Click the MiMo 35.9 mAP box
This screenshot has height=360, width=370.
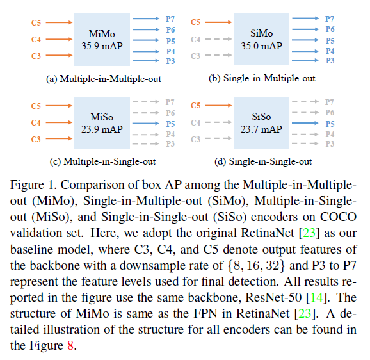pyautogui.click(x=102, y=40)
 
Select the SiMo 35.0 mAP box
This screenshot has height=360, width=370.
pyautogui.click(x=261, y=39)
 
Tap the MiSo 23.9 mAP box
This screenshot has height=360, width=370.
pyautogui.click(x=102, y=122)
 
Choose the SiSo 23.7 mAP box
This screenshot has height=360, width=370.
pyautogui.click(x=261, y=122)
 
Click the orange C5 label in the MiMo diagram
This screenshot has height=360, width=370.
pyautogui.click(x=36, y=22)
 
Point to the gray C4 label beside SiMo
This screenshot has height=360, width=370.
pyautogui.click(x=196, y=39)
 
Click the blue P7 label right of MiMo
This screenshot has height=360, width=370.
pyautogui.click(x=170, y=19)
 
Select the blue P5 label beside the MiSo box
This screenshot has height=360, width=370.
pyautogui.click(x=170, y=124)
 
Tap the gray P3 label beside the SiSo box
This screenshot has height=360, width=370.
pyautogui.click(x=330, y=143)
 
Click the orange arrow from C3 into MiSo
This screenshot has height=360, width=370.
pyautogui.click(x=59, y=138)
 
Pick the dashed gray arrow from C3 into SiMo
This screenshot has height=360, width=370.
pyautogui.click(x=218, y=55)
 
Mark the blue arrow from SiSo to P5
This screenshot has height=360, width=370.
pyautogui.click(x=305, y=123)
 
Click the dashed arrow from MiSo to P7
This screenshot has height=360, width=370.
pyautogui.click(x=146, y=102)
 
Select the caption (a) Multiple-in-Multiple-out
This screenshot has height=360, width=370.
pyautogui.click(x=104, y=79)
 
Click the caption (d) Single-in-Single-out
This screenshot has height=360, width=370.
pyautogui.click(x=263, y=161)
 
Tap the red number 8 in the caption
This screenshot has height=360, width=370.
pyautogui.click(x=70, y=346)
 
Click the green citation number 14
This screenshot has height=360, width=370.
pyautogui.click(x=317, y=297)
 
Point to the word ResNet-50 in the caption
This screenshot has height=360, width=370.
pyautogui.click(x=273, y=297)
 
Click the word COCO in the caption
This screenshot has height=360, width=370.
pyautogui.click(x=338, y=217)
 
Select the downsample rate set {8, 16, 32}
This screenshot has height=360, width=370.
pyautogui.click(x=257, y=266)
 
